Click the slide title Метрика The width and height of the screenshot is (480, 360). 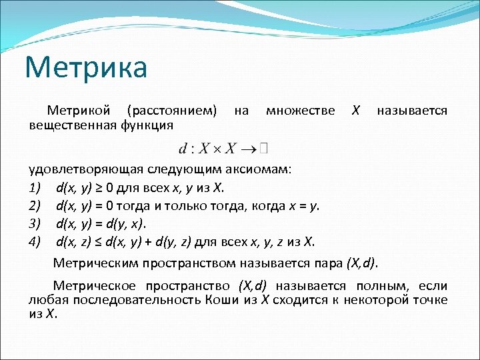86,68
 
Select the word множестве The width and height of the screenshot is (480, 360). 300,110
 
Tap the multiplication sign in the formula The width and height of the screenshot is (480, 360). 218,147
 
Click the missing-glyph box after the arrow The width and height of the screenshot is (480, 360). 265,146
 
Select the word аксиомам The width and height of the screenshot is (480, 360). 260,168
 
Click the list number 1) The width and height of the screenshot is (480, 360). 35,187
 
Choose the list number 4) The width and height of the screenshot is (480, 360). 35,241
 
